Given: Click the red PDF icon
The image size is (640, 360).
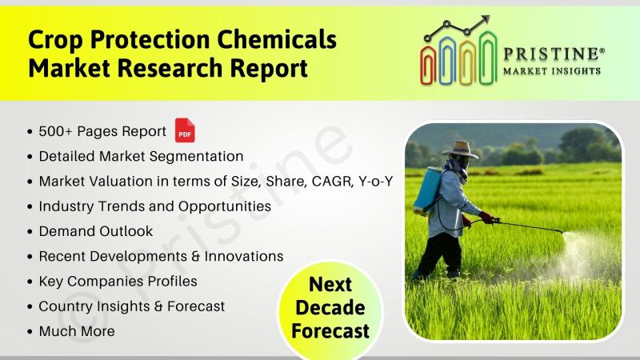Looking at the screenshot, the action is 185,130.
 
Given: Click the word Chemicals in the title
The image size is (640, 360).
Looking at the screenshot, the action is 277,39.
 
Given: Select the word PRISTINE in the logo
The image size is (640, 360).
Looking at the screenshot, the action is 551,54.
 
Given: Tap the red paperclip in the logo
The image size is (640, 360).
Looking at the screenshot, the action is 428,65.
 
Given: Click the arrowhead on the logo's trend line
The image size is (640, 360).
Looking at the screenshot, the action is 485,20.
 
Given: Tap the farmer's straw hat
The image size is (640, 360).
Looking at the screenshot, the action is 460,150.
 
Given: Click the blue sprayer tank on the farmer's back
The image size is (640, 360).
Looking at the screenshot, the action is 427,189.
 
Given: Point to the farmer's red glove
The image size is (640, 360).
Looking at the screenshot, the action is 486,217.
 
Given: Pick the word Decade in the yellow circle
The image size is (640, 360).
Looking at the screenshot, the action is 330,308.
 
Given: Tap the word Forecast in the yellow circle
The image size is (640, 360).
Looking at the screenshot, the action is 330,331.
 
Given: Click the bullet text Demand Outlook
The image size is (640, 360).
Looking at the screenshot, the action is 96,231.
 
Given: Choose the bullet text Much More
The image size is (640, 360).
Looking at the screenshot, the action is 77,331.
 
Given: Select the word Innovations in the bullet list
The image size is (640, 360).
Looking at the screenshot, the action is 244,256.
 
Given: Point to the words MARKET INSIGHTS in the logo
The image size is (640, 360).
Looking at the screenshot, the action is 552,71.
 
